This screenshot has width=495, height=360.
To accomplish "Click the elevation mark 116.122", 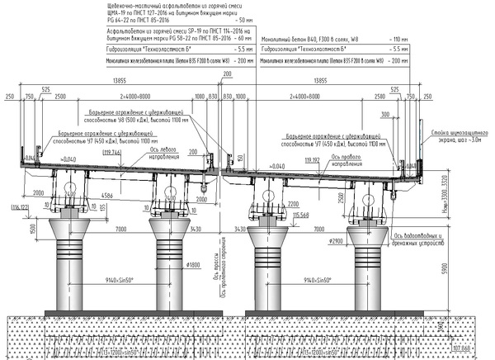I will point(17,207).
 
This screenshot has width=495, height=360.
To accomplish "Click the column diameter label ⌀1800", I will point(195,264).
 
